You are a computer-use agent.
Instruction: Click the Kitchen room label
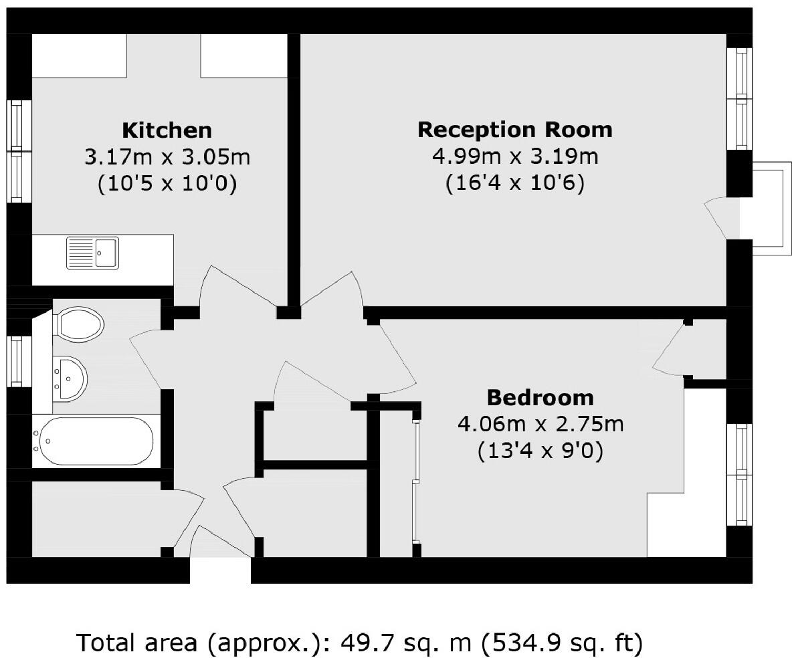[x=167, y=130]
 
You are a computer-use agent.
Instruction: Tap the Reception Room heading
[x=514, y=129]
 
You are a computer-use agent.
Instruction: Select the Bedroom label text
[x=540, y=397]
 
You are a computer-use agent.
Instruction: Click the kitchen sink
[x=92, y=253]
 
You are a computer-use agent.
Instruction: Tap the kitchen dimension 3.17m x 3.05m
[x=167, y=157]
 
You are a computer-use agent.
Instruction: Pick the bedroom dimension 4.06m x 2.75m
[x=540, y=424]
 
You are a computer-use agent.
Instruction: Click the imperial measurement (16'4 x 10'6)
[x=514, y=183]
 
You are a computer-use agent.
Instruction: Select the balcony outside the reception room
[x=768, y=208]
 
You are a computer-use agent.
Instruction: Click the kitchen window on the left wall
[x=20, y=151]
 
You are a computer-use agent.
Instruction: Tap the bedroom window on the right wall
[x=740, y=474]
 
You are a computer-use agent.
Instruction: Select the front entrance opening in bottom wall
[x=220, y=570]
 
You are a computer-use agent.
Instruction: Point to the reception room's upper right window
[x=740, y=99]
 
